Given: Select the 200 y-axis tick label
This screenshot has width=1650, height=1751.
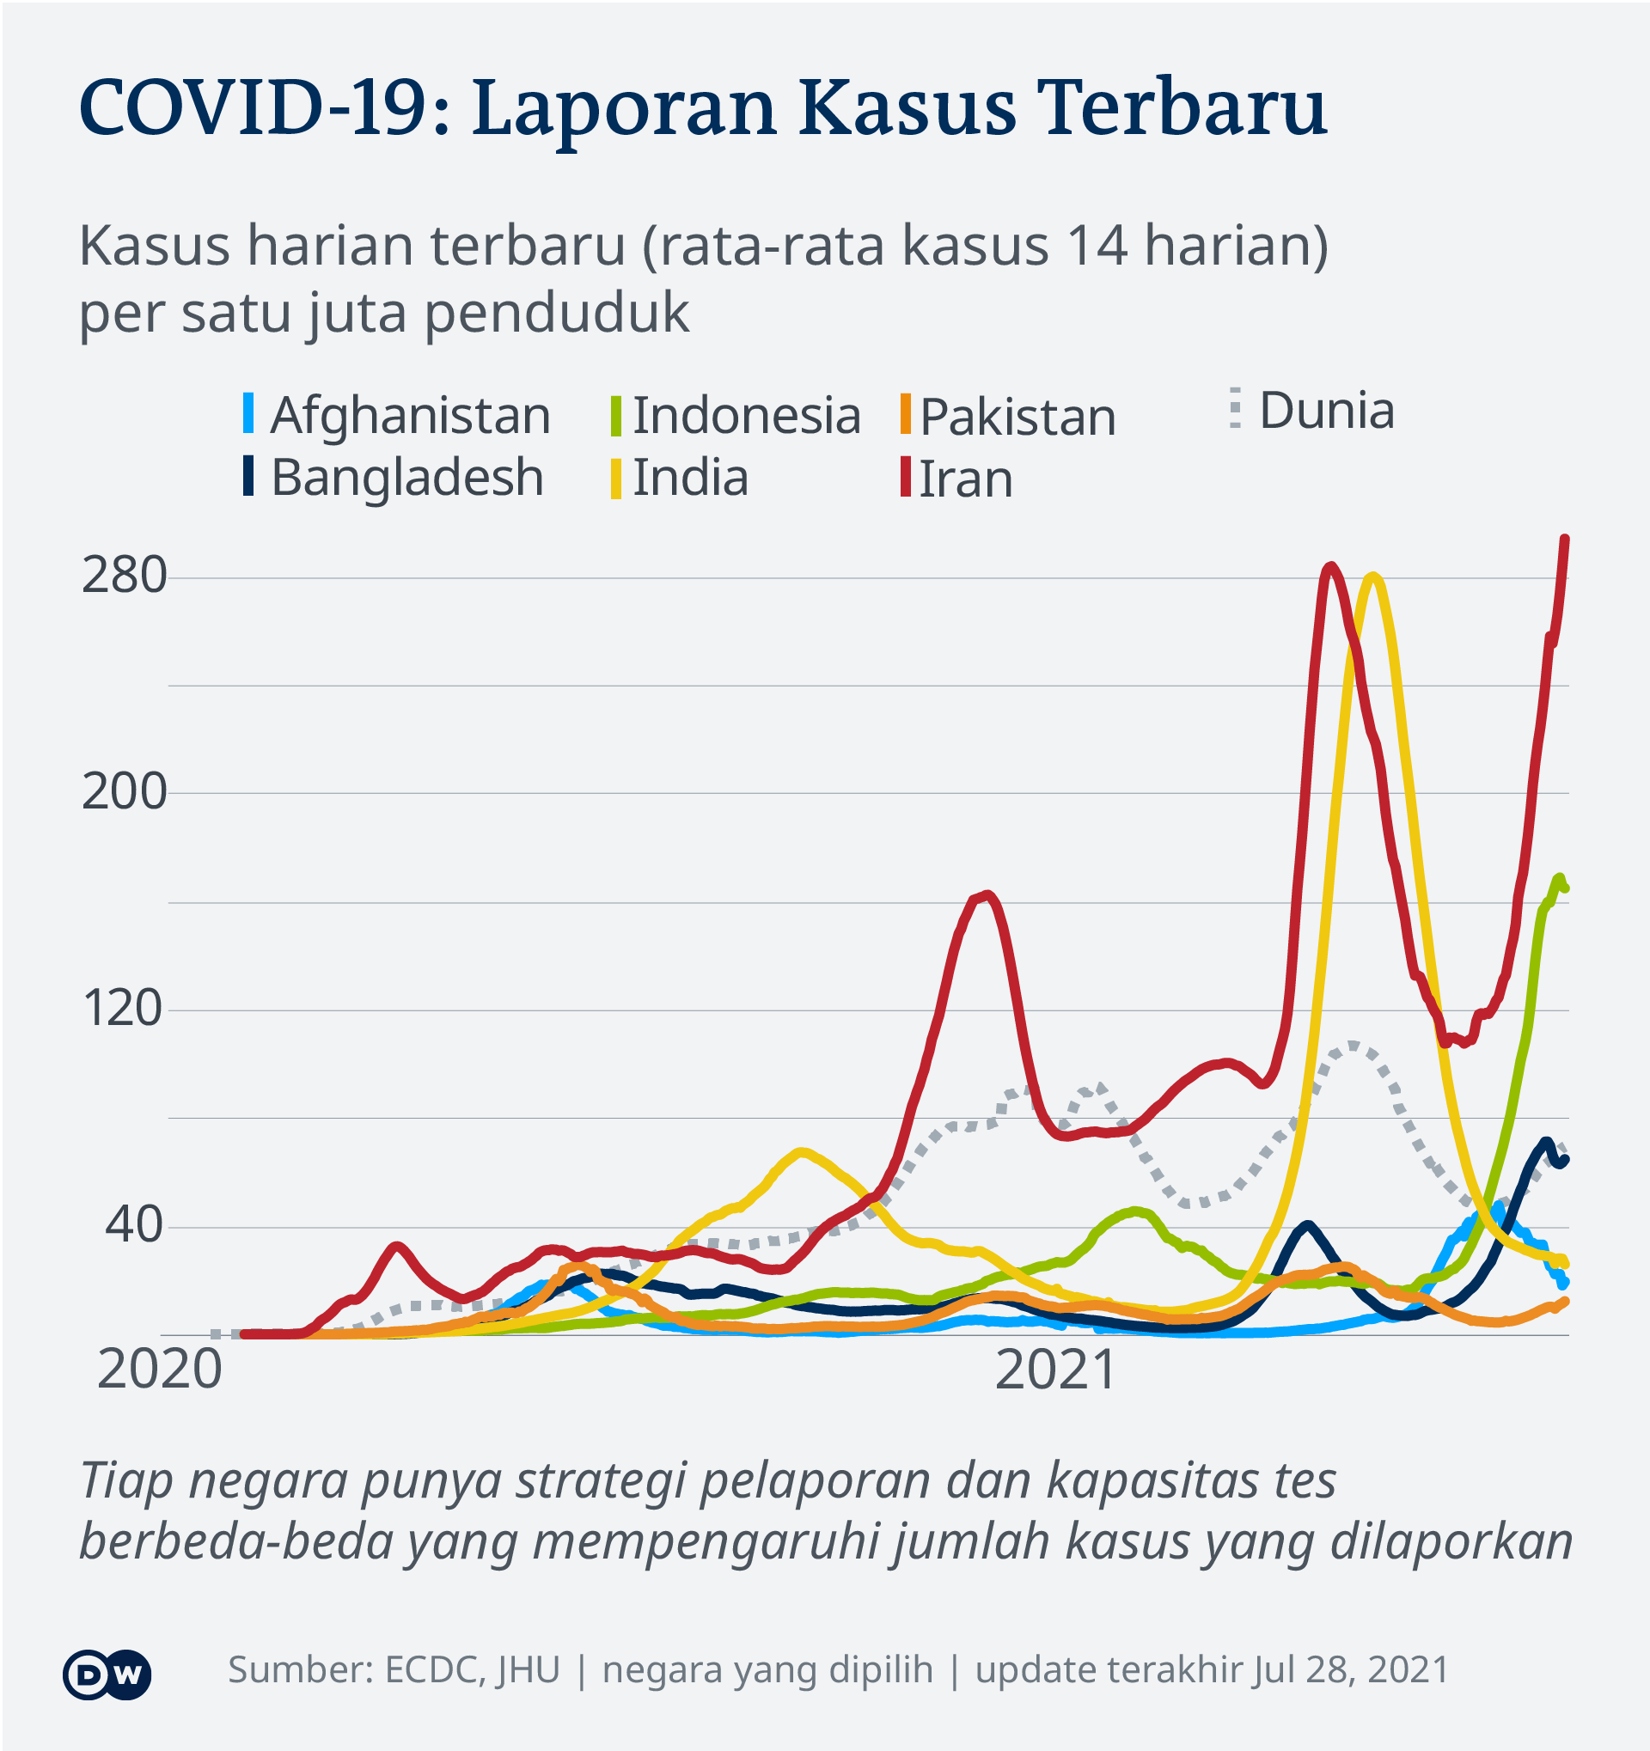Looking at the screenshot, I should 125,792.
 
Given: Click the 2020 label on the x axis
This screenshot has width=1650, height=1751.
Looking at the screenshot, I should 160,1370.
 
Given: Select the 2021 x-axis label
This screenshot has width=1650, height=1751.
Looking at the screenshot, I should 1054,1370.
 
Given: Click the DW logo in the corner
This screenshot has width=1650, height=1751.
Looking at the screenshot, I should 107,1675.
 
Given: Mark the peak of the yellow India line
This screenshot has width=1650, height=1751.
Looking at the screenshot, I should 1372,577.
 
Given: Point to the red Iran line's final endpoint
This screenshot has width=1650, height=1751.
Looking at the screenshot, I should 1566,538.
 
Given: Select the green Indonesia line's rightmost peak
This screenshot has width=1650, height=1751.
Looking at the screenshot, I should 1559,877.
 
